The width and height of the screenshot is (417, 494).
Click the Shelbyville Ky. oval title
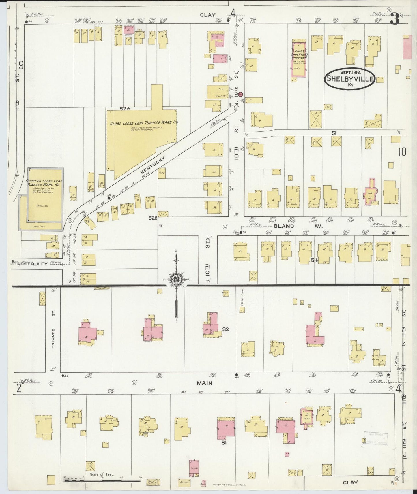coord(350,78)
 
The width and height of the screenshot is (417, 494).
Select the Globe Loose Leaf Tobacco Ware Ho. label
coord(144,123)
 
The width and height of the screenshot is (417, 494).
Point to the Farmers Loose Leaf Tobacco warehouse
coord(45,199)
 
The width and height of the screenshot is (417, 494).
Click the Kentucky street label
coord(153,165)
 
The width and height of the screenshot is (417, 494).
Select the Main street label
coord(205,383)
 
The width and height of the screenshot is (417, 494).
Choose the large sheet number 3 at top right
coord(394,19)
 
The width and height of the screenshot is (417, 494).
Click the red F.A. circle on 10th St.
coord(240,94)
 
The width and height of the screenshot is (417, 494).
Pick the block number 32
coord(226,329)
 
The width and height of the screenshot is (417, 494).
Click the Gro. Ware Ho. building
coord(218,92)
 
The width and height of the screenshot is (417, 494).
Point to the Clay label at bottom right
coord(351,482)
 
